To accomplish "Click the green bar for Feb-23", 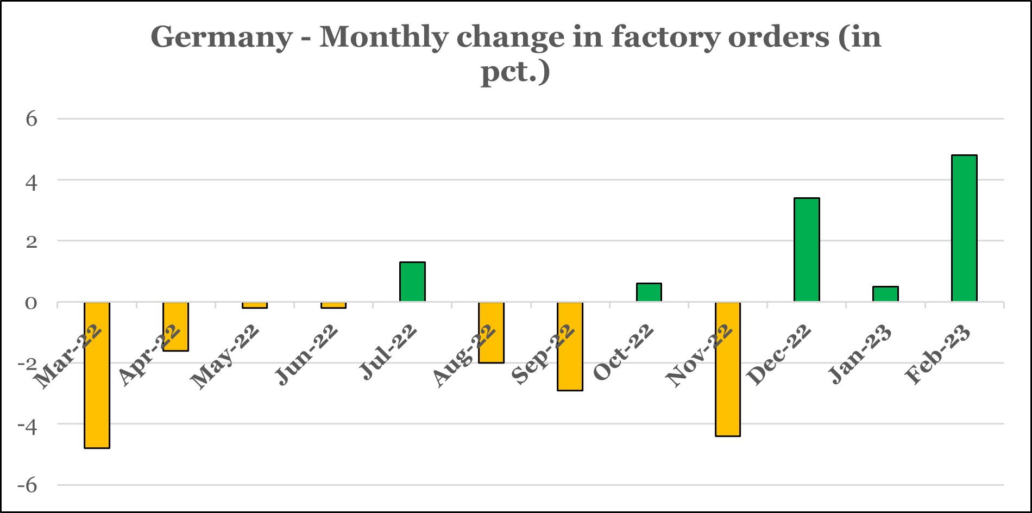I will [x=964, y=228].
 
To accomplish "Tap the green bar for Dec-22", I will [x=807, y=249].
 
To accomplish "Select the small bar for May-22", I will [x=255, y=305].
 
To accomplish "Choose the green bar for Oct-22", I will [x=649, y=292].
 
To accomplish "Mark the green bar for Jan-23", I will [x=885, y=294].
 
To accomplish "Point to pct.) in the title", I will [x=515, y=71].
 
